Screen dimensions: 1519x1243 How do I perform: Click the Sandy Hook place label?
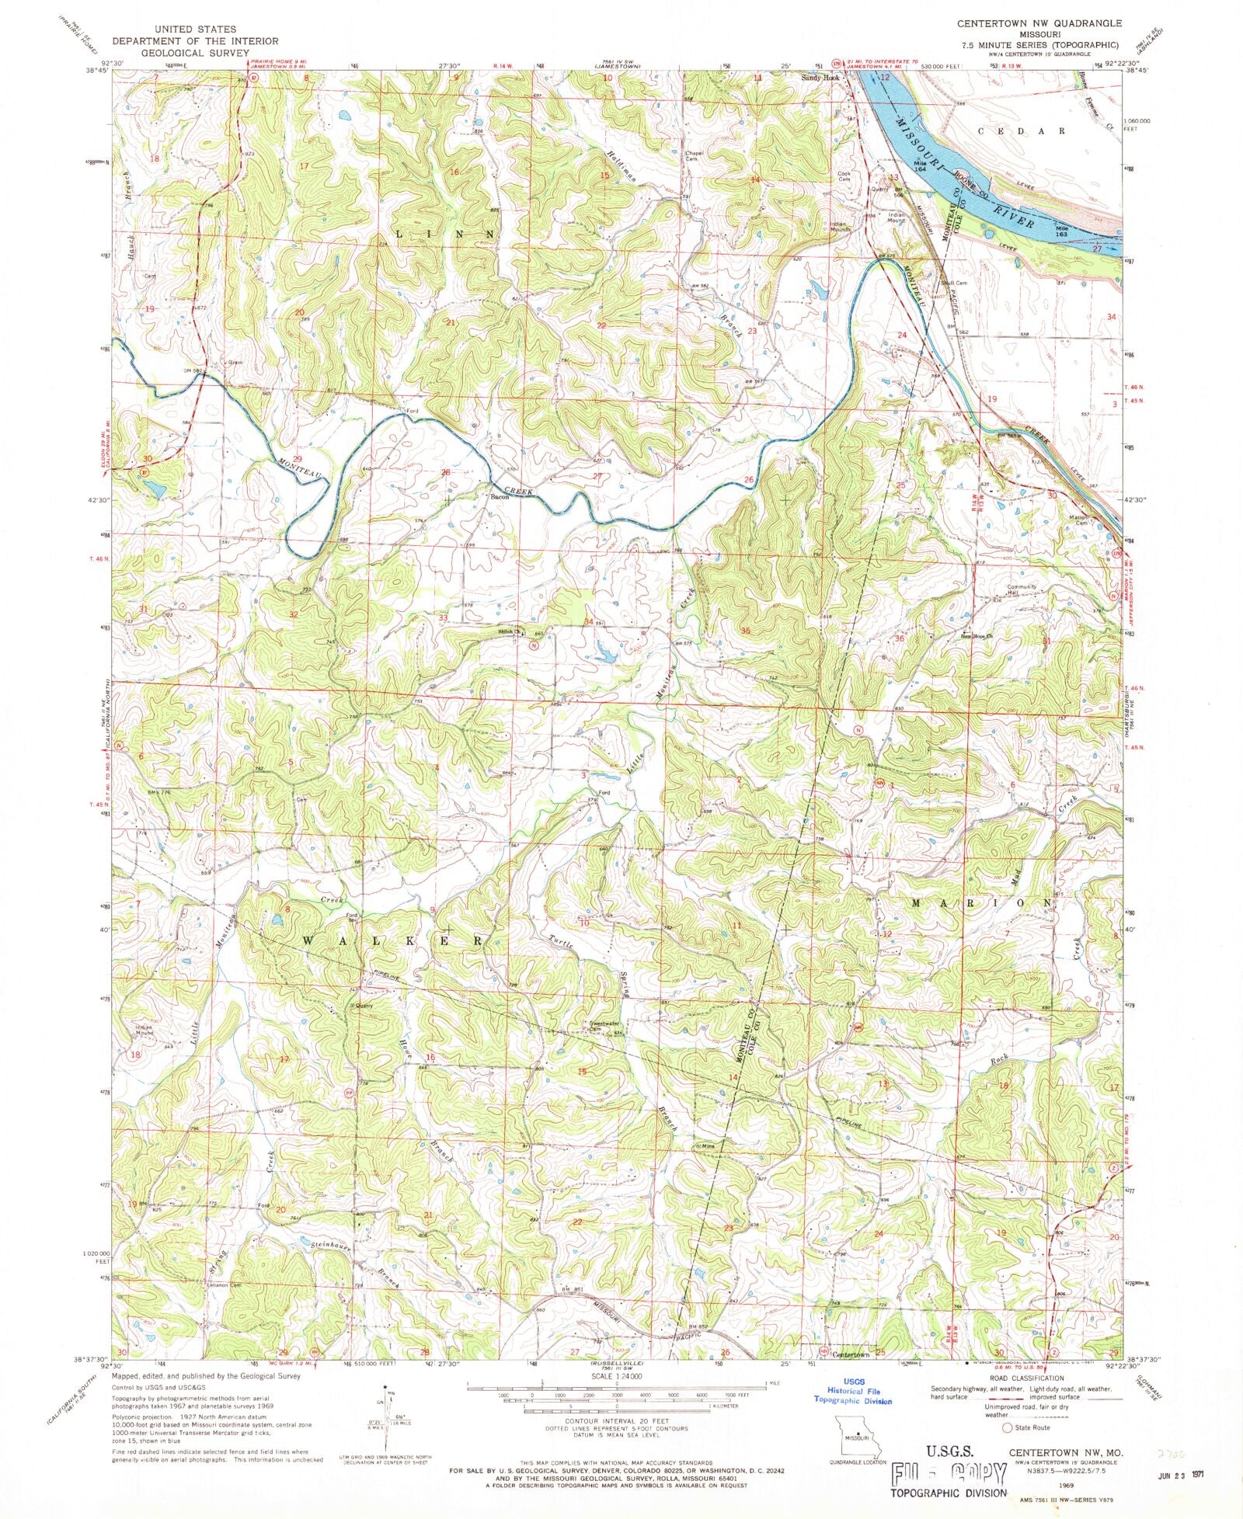tap(822, 78)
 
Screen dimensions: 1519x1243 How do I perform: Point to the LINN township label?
tap(444, 234)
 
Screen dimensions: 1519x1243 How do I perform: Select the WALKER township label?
tap(392, 940)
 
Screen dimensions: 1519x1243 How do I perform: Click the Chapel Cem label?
tap(694, 155)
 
